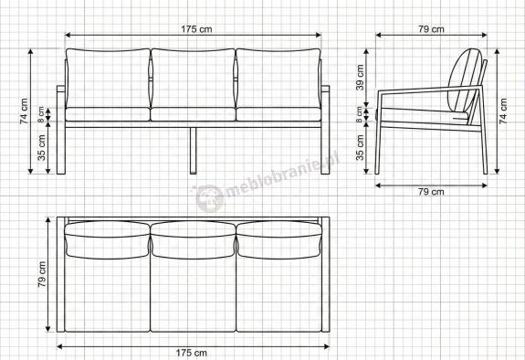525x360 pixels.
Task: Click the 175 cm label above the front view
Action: pos(196,29)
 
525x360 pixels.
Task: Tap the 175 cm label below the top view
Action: pos(191,353)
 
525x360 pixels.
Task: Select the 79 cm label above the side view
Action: pos(431,29)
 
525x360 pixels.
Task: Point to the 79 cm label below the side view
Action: pos(431,192)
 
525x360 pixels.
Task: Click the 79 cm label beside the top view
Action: pos(42,274)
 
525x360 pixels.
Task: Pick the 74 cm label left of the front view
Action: pos(24,111)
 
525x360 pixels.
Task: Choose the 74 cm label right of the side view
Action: pos(504,111)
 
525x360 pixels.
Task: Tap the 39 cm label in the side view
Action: pos(360,78)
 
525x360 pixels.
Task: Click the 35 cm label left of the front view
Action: pos(41,147)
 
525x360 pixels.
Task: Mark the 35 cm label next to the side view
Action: pos(360,147)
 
